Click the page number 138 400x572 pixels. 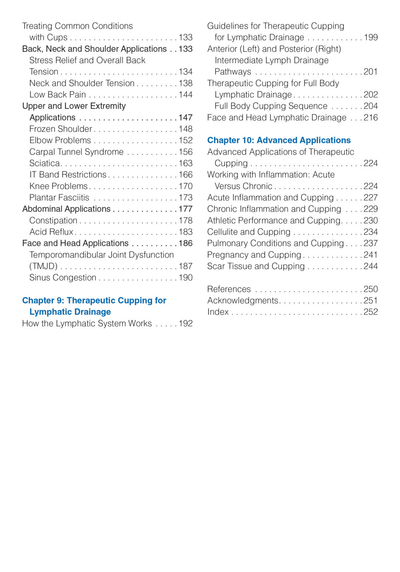185,83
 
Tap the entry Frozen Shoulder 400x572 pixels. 61,129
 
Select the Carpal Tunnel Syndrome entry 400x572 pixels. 76,152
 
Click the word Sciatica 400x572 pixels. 45,163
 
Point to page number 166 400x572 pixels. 185,175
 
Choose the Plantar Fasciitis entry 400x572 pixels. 59,198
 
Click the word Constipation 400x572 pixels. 53,221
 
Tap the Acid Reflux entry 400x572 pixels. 51,232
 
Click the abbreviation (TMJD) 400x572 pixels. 43,266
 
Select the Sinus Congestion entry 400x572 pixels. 63,278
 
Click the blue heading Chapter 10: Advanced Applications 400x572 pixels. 279,140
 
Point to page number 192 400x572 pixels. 185,324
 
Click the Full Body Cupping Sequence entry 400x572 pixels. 271,106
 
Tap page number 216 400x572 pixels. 371,118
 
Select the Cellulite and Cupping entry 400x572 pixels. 249,232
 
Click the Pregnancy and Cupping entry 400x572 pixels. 254,255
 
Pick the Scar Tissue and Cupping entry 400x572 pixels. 256,266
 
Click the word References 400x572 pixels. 229,289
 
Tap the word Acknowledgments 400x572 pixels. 242,301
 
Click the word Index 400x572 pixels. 218,312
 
